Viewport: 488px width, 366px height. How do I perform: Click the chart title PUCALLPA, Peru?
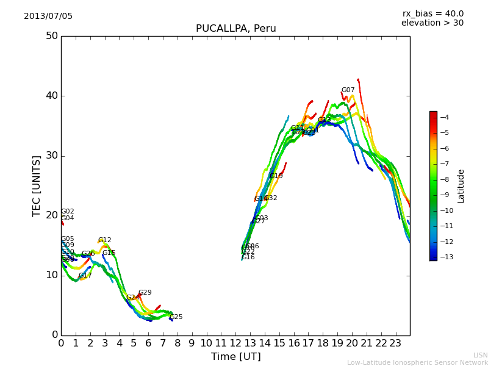click(235, 29)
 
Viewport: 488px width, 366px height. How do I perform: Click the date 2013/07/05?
click(48, 16)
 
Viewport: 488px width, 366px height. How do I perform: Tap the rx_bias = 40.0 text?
click(432, 14)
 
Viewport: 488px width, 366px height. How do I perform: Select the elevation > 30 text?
click(432, 23)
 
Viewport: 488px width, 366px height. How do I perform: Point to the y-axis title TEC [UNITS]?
click(37, 185)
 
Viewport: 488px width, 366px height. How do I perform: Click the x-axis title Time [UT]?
click(235, 357)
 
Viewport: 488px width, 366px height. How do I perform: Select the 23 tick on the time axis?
click(395, 343)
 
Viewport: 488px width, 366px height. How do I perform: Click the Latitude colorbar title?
click(461, 186)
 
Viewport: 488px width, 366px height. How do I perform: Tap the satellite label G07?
click(348, 90)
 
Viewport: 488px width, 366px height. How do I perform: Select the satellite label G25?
click(176, 317)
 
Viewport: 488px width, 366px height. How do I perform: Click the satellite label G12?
click(105, 240)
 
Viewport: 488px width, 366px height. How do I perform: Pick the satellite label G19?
click(276, 176)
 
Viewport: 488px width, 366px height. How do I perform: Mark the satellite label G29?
click(145, 293)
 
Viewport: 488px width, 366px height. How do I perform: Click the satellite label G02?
click(68, 212)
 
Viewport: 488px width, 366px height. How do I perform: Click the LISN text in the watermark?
click(480, 355)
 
